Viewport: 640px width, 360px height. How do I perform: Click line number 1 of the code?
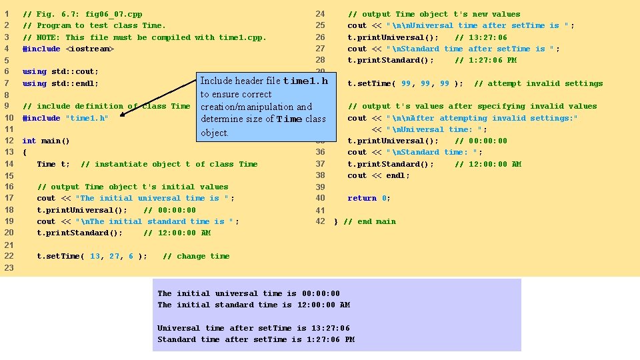(x=7, y=14)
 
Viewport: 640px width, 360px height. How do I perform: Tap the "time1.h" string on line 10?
(x=87, y=118)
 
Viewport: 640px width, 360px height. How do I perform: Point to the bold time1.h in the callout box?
(x=305, y=81)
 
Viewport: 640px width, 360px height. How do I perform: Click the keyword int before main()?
(x=29, y=141)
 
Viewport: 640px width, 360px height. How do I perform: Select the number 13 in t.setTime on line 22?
(x=95, y=256)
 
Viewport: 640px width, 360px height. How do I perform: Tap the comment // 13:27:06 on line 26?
(x=481, y=37)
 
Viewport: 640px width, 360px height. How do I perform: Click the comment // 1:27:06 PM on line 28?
(x=485, y=60)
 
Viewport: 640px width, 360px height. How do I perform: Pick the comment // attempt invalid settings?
(x=538, y=83)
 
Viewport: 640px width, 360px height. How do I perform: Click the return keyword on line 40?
(x=362, y=198)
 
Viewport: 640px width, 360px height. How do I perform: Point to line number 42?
(x=320, y=221)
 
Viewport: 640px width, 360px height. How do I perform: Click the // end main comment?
(x=369, y=221)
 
